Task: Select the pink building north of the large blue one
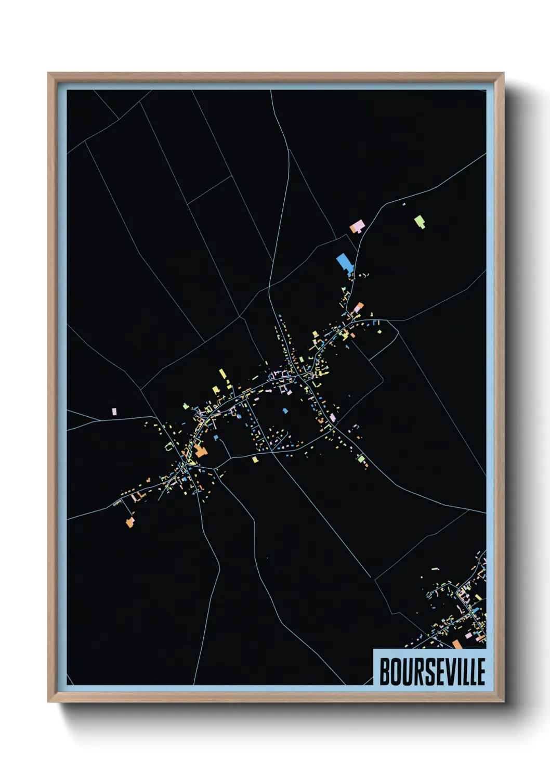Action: coord(357,227)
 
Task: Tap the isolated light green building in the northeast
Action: coord(420,222)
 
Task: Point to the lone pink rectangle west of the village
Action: coord(114,411)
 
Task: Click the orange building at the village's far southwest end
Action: coord(129,522)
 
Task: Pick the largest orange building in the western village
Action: coord(201,451)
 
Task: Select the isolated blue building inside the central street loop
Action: coord(285,410)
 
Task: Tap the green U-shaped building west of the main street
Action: coord(169,446)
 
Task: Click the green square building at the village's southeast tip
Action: coord(361,458)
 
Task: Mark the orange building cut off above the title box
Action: coord(457,645)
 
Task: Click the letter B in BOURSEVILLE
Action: coord(386,672)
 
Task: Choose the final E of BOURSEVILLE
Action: coord(480,672)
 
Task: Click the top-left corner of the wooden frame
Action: coord(49,74)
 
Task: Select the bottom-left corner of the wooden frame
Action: coord(49,701)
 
